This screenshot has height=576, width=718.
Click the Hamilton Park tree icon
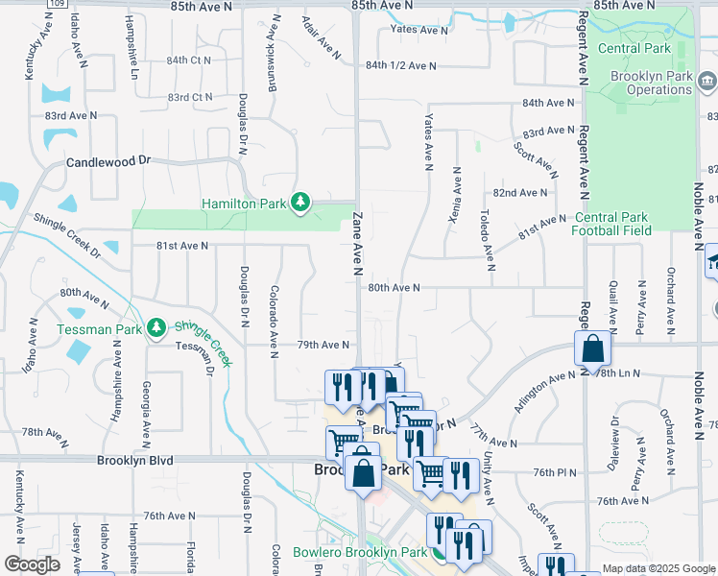[x=301, y=202]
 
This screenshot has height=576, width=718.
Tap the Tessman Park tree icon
[x=156, y=328]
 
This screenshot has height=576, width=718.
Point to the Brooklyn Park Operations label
[x=653, y=83]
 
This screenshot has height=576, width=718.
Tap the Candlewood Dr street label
[x=108, y=162]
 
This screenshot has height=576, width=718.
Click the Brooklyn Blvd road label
[x=134, y=461]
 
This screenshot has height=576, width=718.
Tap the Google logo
[x=32, y=564]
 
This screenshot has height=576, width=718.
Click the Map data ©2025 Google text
[x=658, y=568]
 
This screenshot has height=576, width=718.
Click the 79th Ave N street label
[x=322, y=345]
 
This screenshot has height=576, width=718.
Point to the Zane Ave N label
[x=356, y=246]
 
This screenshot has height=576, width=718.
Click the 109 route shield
[x=57, y=4]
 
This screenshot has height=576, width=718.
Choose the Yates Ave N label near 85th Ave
[x=419, y=31]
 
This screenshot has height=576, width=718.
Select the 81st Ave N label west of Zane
[x=182, y=246]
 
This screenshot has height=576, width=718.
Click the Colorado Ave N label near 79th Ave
[x=274, y=316]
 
